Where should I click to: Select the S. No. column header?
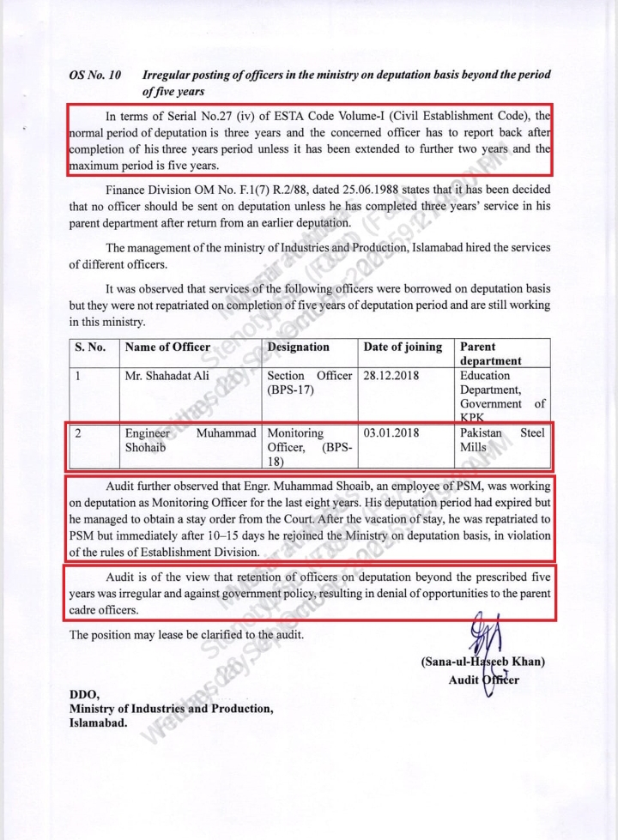coord(90,347)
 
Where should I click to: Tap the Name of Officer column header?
coord(167,347)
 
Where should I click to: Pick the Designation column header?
coord(298,347)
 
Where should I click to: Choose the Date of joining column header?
coord(403,347)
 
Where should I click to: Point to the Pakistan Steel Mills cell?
coord(502,440)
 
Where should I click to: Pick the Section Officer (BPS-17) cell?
coord(309,383)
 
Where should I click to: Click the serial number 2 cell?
coord(78,433)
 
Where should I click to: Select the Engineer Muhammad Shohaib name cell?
coord(191,440)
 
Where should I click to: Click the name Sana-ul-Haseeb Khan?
coord(483,662)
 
